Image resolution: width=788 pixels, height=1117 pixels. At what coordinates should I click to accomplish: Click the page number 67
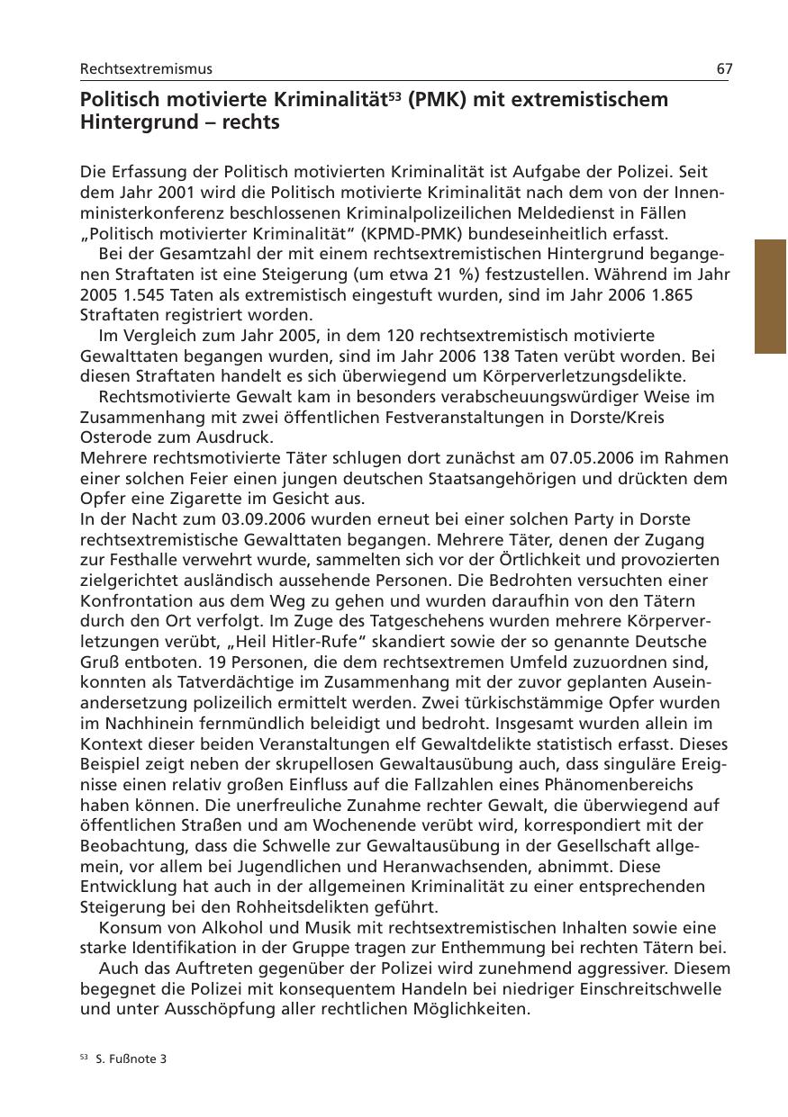pyautogui.click(x=723, y=68)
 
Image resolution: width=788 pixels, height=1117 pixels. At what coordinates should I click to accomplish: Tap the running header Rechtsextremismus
pyautogui.click(x=146, y=68)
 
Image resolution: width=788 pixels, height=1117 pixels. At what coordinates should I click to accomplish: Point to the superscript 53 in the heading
pyautogui.click(x=394, y=95)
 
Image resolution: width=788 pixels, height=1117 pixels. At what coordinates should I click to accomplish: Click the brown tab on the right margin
pyautogui.click(x=770, y=296)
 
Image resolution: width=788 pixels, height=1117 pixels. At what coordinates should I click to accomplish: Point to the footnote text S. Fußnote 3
pyautogui.click(x=131, y=1059)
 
